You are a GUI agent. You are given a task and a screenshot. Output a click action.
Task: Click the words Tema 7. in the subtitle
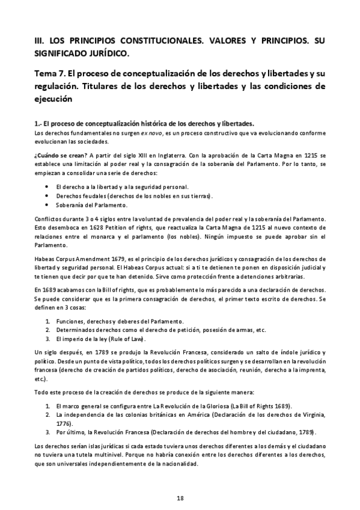click(50, 73)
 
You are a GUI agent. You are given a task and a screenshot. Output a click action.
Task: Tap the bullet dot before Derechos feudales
click(47, 196)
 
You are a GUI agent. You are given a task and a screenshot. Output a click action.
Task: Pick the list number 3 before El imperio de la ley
click(47, 339)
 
